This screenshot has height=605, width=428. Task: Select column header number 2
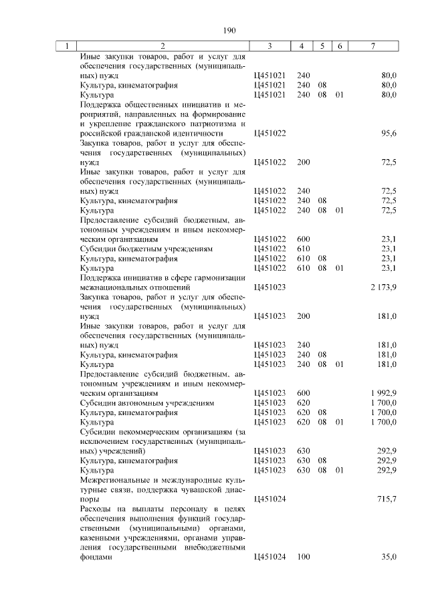(x=163, y=46)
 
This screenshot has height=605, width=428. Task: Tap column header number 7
(x=372, y=46)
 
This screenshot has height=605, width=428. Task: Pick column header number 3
(x=269, y=46)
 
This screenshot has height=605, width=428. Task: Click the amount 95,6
(x=389, y=133)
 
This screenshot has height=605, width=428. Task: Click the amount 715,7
(x=388, y=499)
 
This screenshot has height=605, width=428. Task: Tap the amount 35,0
(x=389, y=558)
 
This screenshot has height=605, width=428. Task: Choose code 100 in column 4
(x=303, y=558)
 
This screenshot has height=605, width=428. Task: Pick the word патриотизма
(x=221, y=124)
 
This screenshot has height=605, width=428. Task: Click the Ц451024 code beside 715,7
(x=270, y=499)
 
